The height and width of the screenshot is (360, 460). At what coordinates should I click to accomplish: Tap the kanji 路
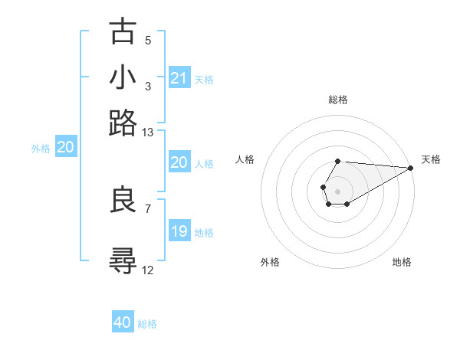coord(123,122)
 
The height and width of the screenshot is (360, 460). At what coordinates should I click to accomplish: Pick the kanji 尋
coord(123,260)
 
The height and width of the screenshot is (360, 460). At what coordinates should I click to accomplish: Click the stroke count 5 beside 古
coord(148,41)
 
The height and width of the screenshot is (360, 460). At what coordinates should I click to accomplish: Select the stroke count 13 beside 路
coord(148,132)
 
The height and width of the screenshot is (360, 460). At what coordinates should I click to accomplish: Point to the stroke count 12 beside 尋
coord(148,270)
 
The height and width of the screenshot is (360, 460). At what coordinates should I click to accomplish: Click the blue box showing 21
coord(179,78)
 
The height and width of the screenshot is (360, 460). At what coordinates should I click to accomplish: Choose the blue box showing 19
coord(179,231)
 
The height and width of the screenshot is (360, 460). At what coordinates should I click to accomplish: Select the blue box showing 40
coord(123,322)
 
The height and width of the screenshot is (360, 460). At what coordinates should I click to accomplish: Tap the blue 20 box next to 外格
coord(65,148)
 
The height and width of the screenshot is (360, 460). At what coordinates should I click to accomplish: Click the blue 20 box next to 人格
coord(179,162)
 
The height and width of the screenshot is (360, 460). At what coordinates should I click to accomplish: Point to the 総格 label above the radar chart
coord(337,100)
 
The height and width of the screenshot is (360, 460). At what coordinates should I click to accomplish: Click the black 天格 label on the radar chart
coord(431,159)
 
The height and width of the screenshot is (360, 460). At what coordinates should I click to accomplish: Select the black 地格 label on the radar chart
coord(402,262)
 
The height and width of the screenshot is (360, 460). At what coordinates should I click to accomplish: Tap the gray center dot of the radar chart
coord(337,190)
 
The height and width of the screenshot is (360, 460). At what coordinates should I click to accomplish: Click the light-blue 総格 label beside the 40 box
coord(147,324)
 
